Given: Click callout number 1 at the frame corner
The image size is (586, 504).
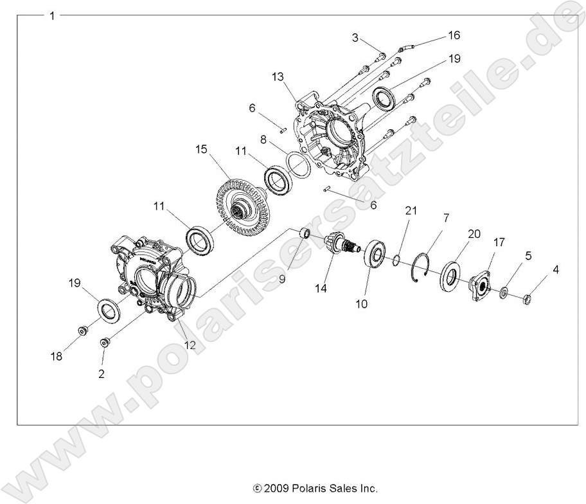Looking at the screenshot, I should tap(52, 15).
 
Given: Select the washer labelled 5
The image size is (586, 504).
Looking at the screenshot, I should tap(504, 293).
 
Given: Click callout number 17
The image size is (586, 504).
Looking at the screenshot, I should tap(499, 242).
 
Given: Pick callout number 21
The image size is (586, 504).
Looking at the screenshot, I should tap(411, 212).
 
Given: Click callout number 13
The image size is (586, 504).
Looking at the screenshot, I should tap(277, 77).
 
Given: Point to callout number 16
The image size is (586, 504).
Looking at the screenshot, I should tap(454, 34).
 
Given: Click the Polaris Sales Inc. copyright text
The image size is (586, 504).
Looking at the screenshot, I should tap(315, 488).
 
